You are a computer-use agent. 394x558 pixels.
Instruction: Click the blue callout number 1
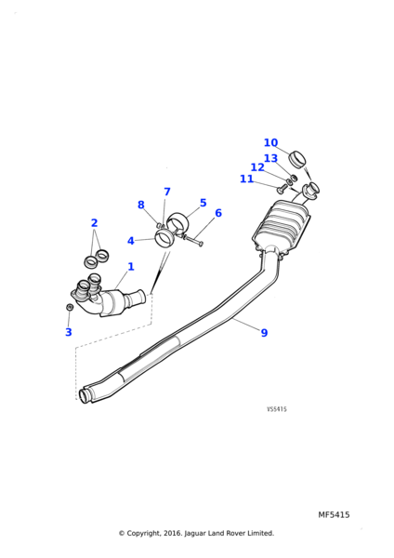click(x=131, y=267)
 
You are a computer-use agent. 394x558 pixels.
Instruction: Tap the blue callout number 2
click(x=94, y=223)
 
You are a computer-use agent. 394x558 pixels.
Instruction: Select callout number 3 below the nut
click(x=69, y=332)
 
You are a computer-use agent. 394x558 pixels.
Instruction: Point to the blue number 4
click(x=131, y=241)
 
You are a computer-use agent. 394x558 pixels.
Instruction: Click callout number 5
click(x=204, y=203)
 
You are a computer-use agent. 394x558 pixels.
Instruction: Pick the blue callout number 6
click(x=218, y=213)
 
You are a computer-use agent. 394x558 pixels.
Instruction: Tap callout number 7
click(x=167, y=192)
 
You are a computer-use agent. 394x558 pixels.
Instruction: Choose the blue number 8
click(x=141, y=205)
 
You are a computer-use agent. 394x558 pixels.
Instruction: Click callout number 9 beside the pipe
click(x=264, y=333)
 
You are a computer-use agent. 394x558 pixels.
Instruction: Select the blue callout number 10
click(x=270, y=142)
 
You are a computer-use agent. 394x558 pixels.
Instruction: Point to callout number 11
click(x=246, y=179)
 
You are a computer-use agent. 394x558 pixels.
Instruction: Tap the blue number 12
click(x=257, y=166)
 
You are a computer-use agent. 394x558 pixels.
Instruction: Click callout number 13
click(x=270, y=158)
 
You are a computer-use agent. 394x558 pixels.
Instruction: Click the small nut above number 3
click(x=70, y=307)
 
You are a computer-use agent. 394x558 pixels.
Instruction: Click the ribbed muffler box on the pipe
click(x=282, y=226)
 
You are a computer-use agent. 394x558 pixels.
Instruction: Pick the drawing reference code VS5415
click(x=277, y=409)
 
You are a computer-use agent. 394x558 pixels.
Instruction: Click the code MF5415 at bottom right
click(x=334, y=514)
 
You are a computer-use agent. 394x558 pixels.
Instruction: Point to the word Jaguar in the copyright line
click(x=195, y=533)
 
